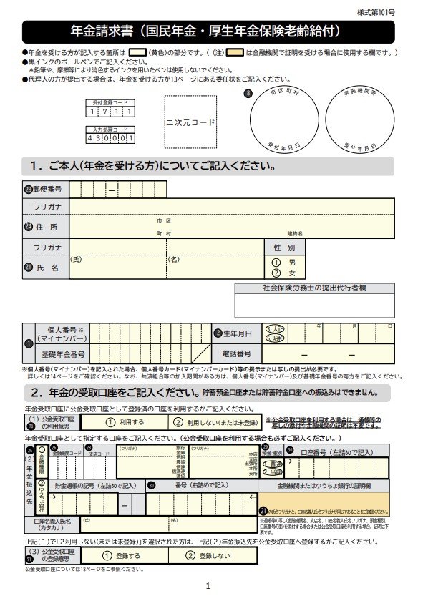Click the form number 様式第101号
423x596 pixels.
click(x=394, y=14)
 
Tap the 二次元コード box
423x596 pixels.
click(x=190, y=122)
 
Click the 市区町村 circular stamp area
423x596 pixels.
click(x=283, y=119)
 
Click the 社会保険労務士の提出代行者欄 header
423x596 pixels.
click(x=314, y=288)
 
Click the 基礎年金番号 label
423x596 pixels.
click(x=63, y=354)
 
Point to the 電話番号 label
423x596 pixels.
click(x=236, y=354)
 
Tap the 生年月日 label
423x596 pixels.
click(x=236, y=333)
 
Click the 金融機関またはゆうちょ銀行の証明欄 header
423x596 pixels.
click(x=324, y=485)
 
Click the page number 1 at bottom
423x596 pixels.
click(x=208, y=586)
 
